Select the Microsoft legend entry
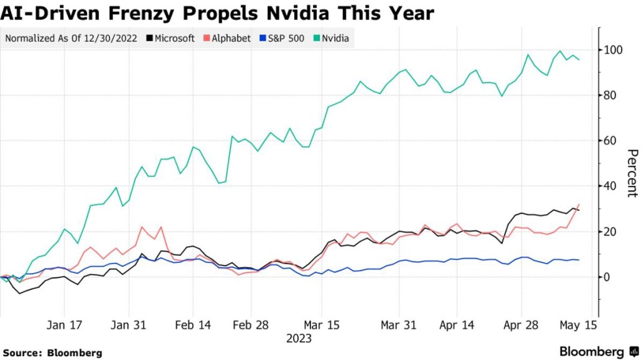[x=171, y=38]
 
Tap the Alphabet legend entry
[x=228, y=38]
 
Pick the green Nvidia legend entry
[x=332, y=38]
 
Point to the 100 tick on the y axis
[x=613, y=50]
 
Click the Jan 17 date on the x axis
[x=64, y=326]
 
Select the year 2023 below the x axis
[x=299, y=339]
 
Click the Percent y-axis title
[x=632, y=173]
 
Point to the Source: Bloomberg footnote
[x=52, y=353]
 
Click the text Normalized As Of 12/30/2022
[x=73, y=38]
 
